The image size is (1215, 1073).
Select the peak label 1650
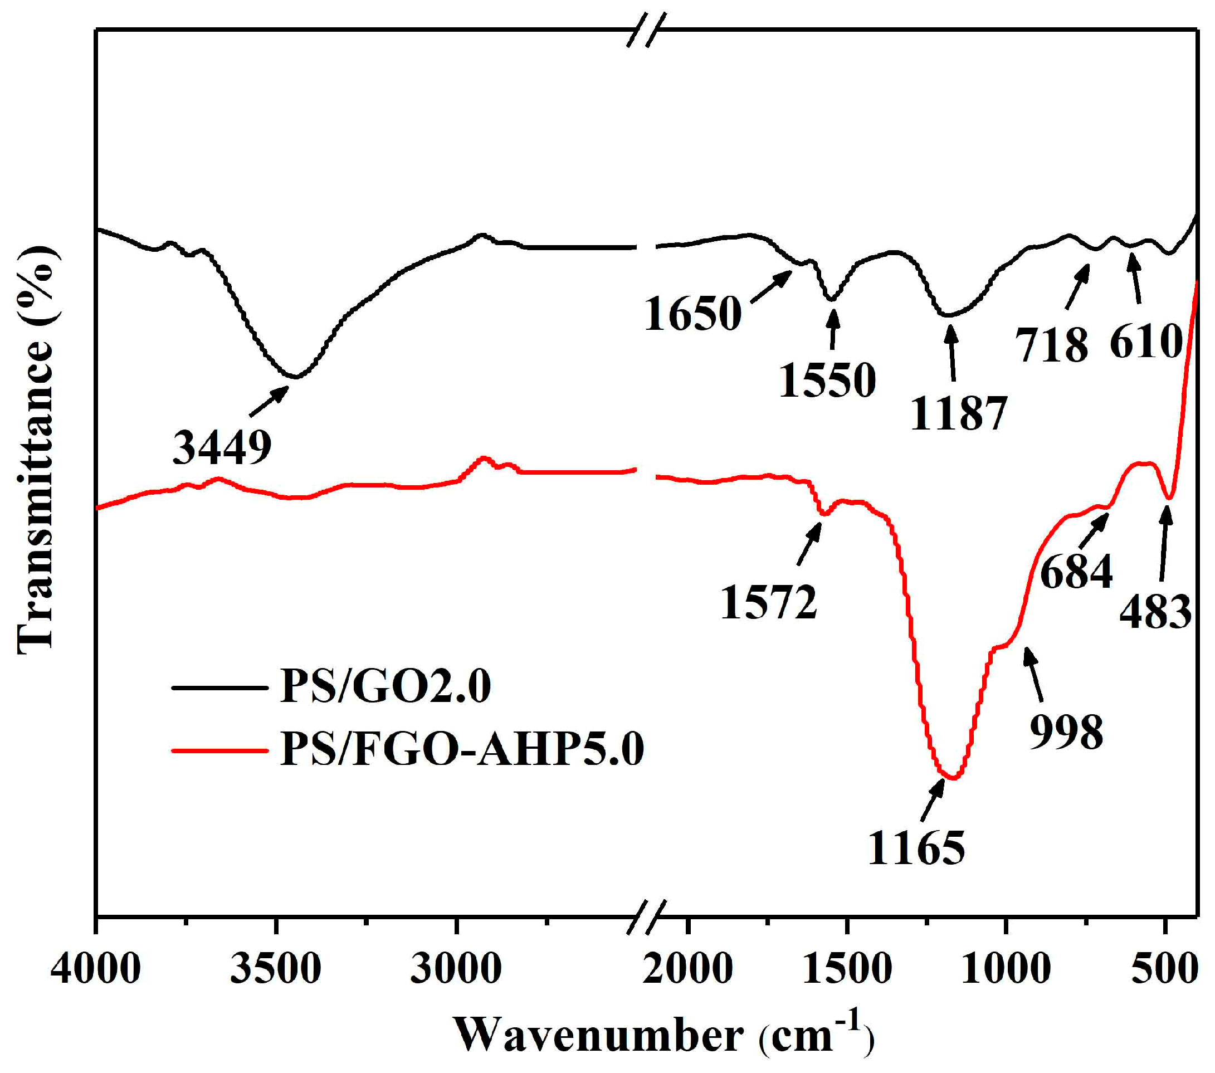(x=692, y=313)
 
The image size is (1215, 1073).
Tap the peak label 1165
(x=916, y=848)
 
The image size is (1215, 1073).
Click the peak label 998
(x=1066, y=732)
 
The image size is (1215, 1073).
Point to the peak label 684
(x=1076, y=572)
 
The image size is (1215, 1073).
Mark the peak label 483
(x=1155, y=612)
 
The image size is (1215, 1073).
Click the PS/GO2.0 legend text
(x=385, y=686)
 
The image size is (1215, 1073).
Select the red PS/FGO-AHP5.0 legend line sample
(x=219, y=750)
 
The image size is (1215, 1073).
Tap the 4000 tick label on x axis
(x=96, y=969)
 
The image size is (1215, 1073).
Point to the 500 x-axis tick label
(x=1164, y=969)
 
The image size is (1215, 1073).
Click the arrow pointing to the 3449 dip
(x=269, y=401)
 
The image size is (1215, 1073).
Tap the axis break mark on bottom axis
(x=647, y=916)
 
